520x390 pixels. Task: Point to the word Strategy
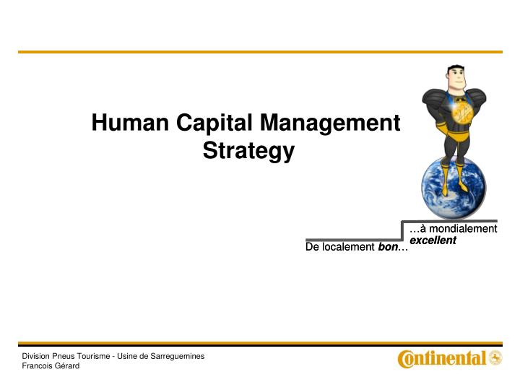pos(248,152)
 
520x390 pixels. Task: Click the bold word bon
pos(388,248)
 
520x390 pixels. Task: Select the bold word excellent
pos(433,240)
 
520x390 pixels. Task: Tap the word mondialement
pos(462,229)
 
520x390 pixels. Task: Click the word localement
pos(348,248)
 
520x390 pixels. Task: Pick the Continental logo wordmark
pos(442,358)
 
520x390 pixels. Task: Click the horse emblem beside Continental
pos(495,357)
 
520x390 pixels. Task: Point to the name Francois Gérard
pos(51,366)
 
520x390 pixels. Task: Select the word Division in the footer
pos(35,356)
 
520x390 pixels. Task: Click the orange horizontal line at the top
pos(260,52)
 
